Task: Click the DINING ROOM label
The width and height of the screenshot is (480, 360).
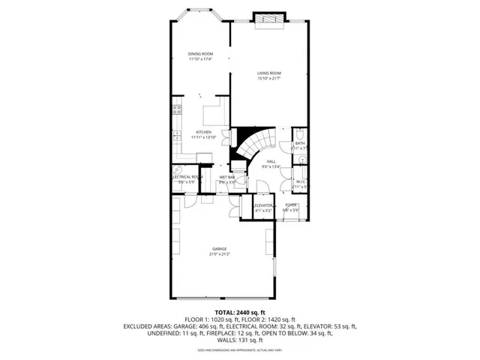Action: pyautogui.click(x=200, y=54)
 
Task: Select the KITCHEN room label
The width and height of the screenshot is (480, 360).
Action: pyautogui.click(x=203, y=133)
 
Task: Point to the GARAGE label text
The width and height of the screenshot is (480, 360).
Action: pyautogui.click(x=219, y=249)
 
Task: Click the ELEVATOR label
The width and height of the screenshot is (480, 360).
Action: pyautogui.click(x=263, y=205)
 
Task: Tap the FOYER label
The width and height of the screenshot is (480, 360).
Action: pyautogui.click(x=291, y=205)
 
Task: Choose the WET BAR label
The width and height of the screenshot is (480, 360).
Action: pyautogui.click(x=226, y=177)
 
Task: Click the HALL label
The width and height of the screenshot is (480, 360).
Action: pyautogui.click(x=271, y=161)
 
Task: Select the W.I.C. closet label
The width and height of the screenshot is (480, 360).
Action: pyautogui.click(x=299, y=181)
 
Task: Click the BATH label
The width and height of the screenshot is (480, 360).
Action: pyautogui.click(x=299, y=143)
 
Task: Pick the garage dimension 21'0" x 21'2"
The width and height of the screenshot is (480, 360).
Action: pyautogui.click(x=219, y=254)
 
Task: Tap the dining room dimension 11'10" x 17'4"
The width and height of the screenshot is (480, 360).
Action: pyautogui.click(x=200, y=59)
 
